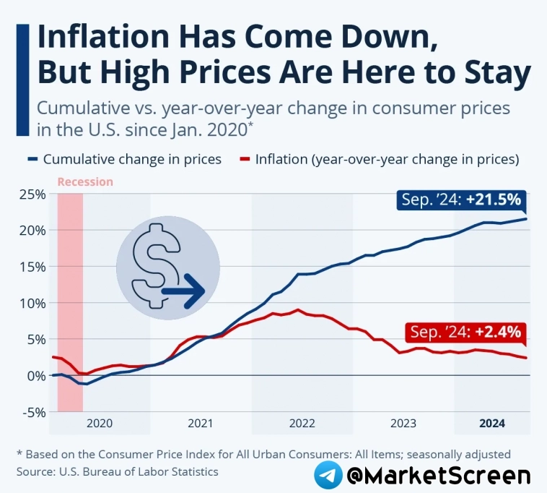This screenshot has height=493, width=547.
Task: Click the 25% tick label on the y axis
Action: [31, 194]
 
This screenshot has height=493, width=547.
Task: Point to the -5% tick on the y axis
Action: [31, 412]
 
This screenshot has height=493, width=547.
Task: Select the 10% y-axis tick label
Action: [31, 303]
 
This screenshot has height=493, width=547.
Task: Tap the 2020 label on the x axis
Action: [100, 423]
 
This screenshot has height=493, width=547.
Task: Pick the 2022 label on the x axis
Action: [302, 423]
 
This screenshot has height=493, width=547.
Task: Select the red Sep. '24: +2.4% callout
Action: [465, 332]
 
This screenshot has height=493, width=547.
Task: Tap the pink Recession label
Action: [85, 181]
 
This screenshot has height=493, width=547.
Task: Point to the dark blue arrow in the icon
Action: [185, 292]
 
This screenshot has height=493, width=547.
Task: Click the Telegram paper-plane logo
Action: [328, 475]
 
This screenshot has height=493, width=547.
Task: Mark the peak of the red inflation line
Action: [297, 310]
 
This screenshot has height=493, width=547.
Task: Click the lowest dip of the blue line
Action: [87, 384]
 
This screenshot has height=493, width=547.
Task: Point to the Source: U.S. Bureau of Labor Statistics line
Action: [117, 471]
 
